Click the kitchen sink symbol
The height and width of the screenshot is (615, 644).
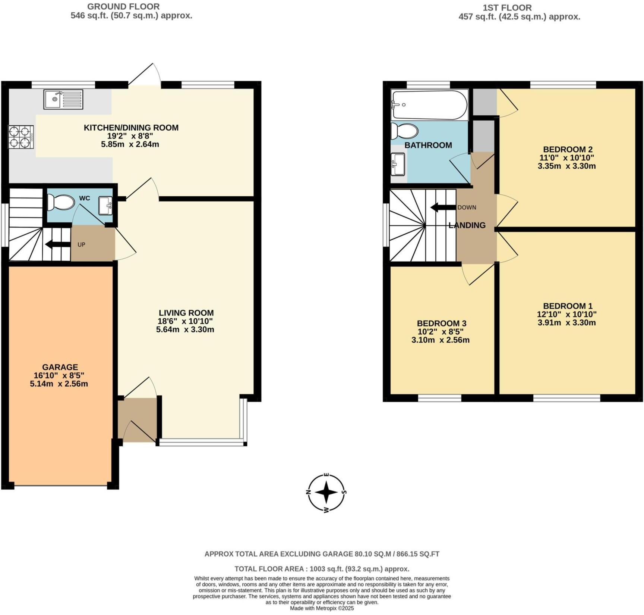(63, 99)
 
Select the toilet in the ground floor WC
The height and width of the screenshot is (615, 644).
(61, 203)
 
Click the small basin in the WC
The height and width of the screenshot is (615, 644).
(105, 206)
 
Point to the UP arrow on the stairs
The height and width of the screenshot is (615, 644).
(58, 244)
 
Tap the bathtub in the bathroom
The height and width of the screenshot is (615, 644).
(429, 105)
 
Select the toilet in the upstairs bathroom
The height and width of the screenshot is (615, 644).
(404, 131)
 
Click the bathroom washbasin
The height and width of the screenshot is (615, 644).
(398, 164)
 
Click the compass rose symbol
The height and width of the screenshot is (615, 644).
(326, 493)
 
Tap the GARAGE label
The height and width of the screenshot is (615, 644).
(60, 367)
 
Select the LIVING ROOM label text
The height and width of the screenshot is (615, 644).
(186, 313)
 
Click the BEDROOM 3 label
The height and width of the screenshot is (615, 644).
(441, 324)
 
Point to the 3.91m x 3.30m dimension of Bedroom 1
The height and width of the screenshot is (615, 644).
(566, 323)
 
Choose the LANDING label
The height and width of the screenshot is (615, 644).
(467, 225)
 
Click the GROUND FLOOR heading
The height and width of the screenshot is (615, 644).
(123, 6)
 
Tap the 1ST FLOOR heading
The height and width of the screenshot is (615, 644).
(507, 7)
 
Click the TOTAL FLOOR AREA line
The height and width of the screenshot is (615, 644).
(322, 569)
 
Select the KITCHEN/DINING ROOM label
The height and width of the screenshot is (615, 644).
(131, 128)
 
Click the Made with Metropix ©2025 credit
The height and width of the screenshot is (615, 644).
(322, 608)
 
